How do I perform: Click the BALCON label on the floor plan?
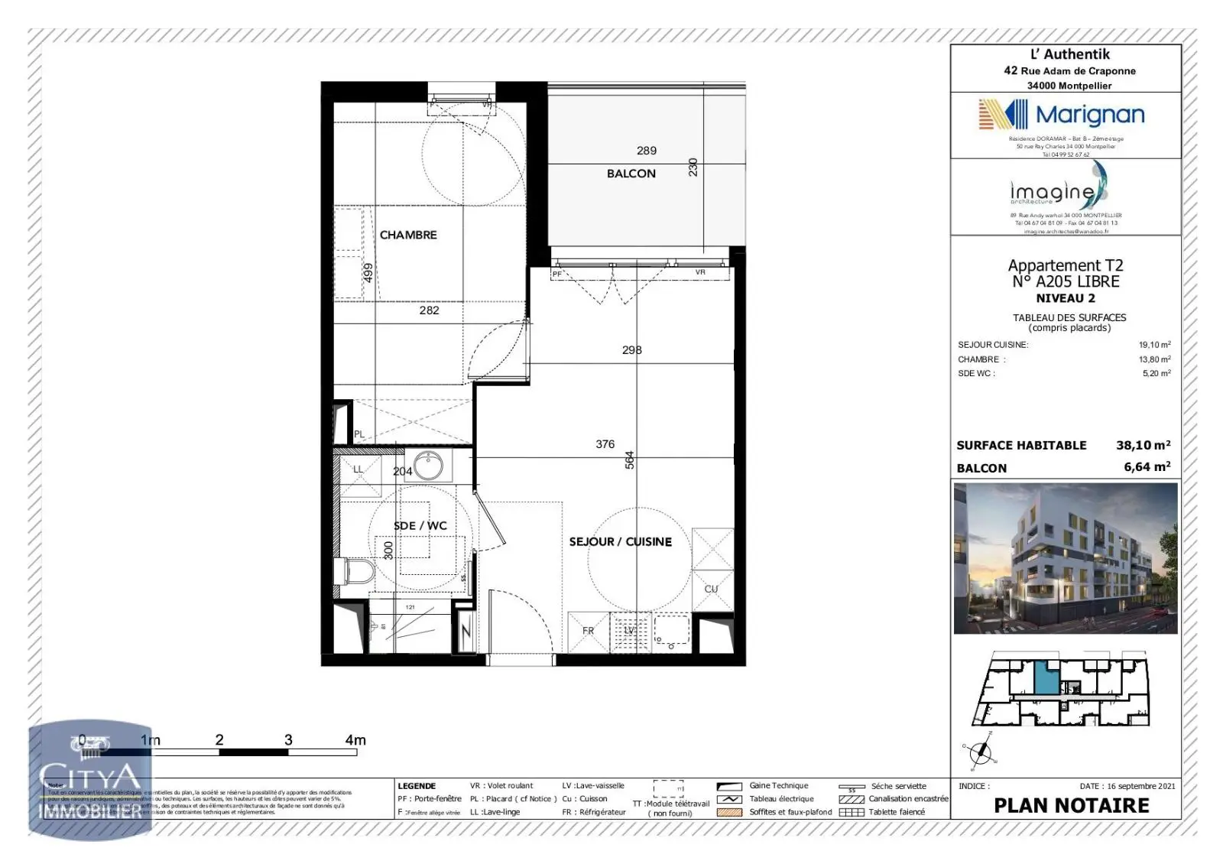click(x=631, y=174)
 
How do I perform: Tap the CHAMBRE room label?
click(x=408, y=235)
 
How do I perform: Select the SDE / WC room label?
click(x=420, y=526)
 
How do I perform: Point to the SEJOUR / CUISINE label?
click(x=620, y=541)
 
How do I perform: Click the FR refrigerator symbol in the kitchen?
click(x=588, y=632)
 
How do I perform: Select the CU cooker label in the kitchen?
click(x=711, y=589)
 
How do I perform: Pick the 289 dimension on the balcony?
click(x=647, y=151)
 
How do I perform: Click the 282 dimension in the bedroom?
click(x=429, y=310)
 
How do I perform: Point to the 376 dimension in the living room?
click(x=605, y=444)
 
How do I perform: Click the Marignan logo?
click(x=1062, y=115)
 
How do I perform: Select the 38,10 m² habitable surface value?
click(x=1143, y=445)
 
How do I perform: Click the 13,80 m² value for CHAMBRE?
click(x=1154, y=359)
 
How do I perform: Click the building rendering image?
click(x=1066, y=558)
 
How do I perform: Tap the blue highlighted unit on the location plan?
click(x=1046, y=678)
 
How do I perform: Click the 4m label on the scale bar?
click(x=355, y=740)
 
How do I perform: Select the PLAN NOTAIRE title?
click(x=1071, y=806)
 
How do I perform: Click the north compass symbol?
click(x=980, y=752)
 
